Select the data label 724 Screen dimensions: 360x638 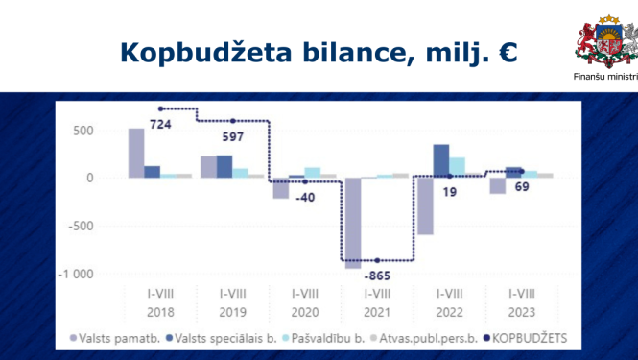pyautogui.click(x=160, y=124)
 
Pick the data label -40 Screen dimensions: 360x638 pyautogui.click(x=303, y=196)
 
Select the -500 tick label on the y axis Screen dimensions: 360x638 pyautogui.click(x=82, y=227)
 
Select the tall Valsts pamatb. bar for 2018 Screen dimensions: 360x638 pyautogui.click(x=136, y=153)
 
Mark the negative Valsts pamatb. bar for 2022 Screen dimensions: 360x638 pyautogui.click(x=425, y=205)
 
